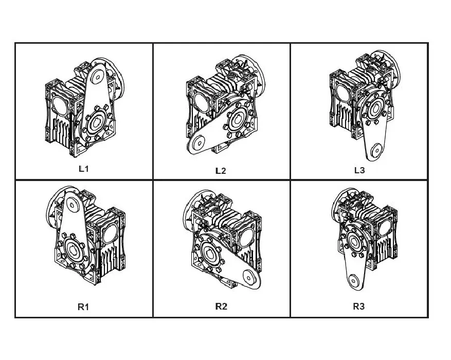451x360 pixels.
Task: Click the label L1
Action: click(83, 169)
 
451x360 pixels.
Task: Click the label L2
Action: click(221, 171)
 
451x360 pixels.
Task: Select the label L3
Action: click(359, 170)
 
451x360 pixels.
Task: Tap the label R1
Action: click(83, 307)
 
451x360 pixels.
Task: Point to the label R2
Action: click(221, 306)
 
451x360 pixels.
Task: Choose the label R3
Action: click(358, 306)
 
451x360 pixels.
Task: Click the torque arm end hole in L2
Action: click(198, 143)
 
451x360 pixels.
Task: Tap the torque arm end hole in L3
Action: click(375, 150)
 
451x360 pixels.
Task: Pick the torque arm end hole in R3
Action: click(353, 280)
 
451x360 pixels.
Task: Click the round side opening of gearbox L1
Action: click(59, 105)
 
